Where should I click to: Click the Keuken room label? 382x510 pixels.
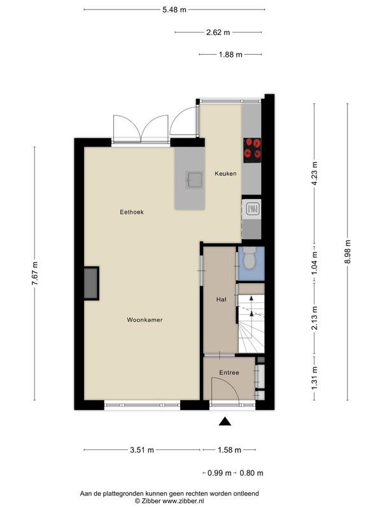pos(225,173)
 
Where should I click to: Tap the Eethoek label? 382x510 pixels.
pos(132,212)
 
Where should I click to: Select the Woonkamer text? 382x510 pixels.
pos(145,320)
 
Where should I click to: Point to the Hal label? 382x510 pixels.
pos(221,299)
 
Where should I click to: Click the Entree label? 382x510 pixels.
pos(229,373)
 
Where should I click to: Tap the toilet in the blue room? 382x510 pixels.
pos(250,258)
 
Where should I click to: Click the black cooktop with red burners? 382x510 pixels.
pos(252,150)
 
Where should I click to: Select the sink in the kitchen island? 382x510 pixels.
pos(195,180)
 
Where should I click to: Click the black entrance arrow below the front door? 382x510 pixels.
pos(225,422)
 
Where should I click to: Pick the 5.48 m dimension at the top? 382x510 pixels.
pos(174,10)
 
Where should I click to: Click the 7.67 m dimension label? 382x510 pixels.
pos(35,273)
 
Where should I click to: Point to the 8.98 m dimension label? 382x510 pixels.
pos(348,252)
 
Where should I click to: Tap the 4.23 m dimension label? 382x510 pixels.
pos(315,173)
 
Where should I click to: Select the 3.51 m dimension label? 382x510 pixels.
pos(142,450)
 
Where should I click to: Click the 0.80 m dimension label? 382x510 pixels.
pos(251,473)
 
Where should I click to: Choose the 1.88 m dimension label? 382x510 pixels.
pos(230,55)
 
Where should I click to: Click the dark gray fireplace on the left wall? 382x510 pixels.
pos(91,283)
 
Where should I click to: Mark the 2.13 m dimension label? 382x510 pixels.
pos(315,318)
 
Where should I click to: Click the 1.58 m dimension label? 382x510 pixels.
pos(229,450)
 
